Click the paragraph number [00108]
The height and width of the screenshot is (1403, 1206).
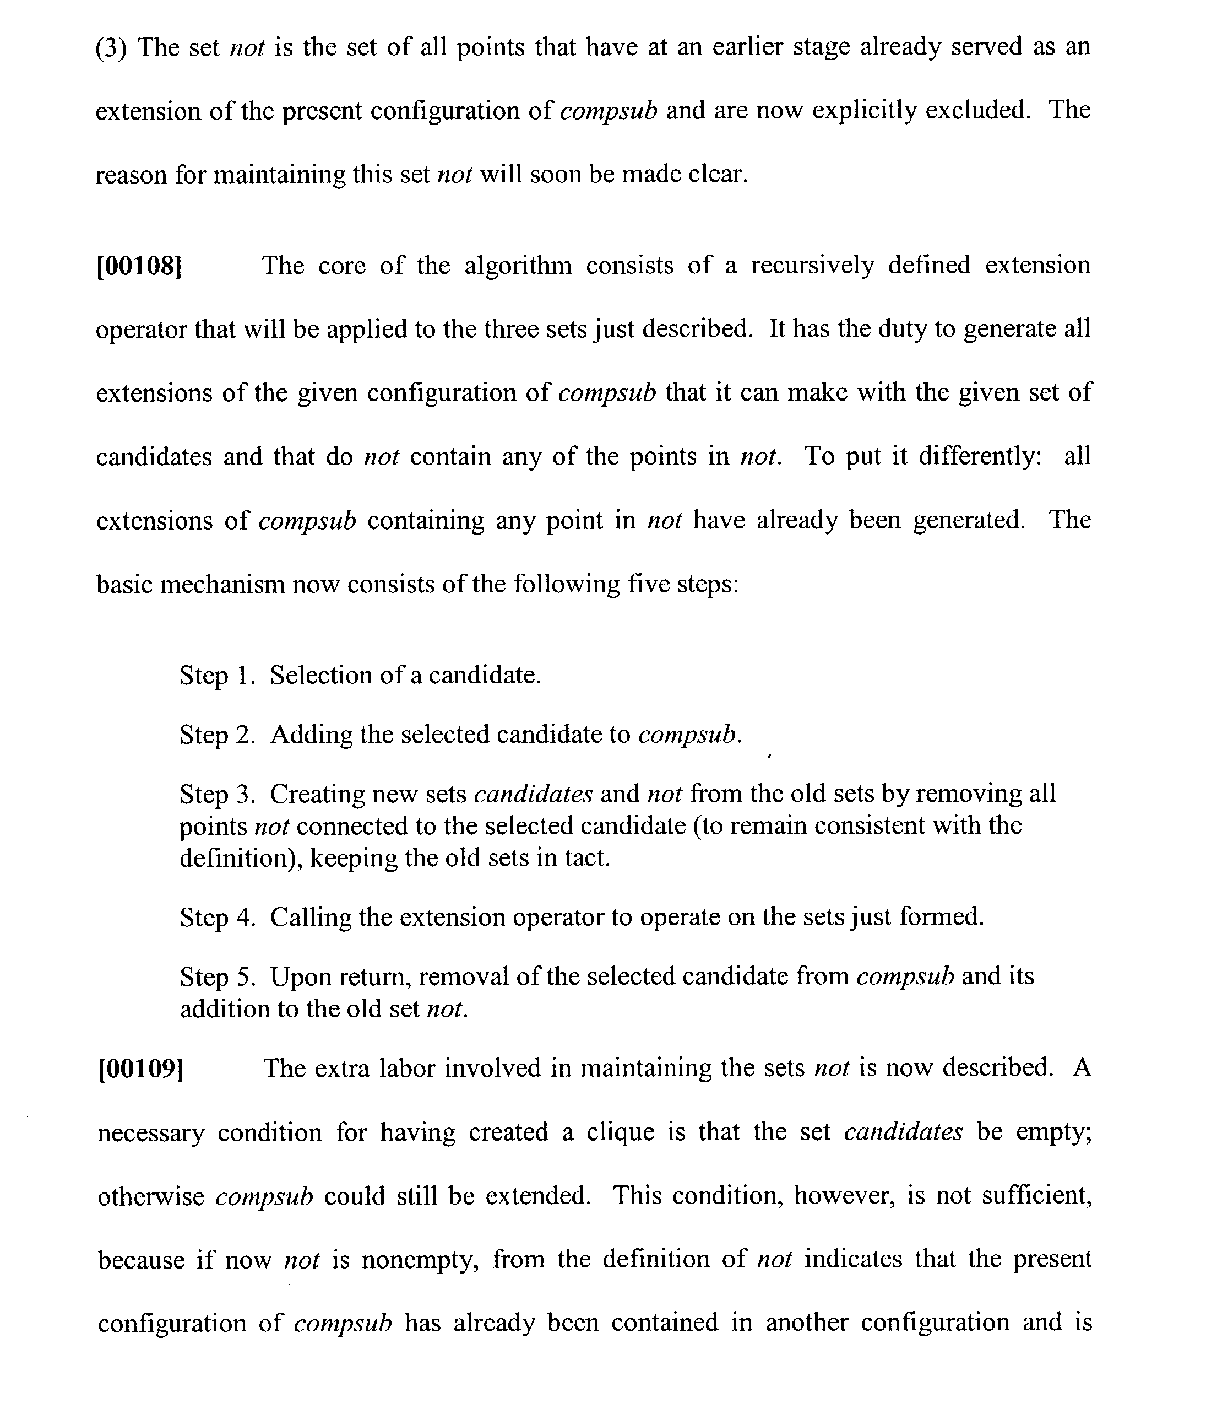139,266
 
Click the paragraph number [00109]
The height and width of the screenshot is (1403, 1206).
140,1069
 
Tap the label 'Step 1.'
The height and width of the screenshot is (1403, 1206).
216,675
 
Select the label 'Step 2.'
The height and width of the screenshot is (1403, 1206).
216,735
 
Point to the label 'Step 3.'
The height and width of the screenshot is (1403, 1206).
216,794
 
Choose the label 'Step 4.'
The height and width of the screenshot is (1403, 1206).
216,918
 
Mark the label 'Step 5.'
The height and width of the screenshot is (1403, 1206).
216,977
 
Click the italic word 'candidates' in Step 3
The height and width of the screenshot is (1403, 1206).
533,794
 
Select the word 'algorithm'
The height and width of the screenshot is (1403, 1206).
518,266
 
